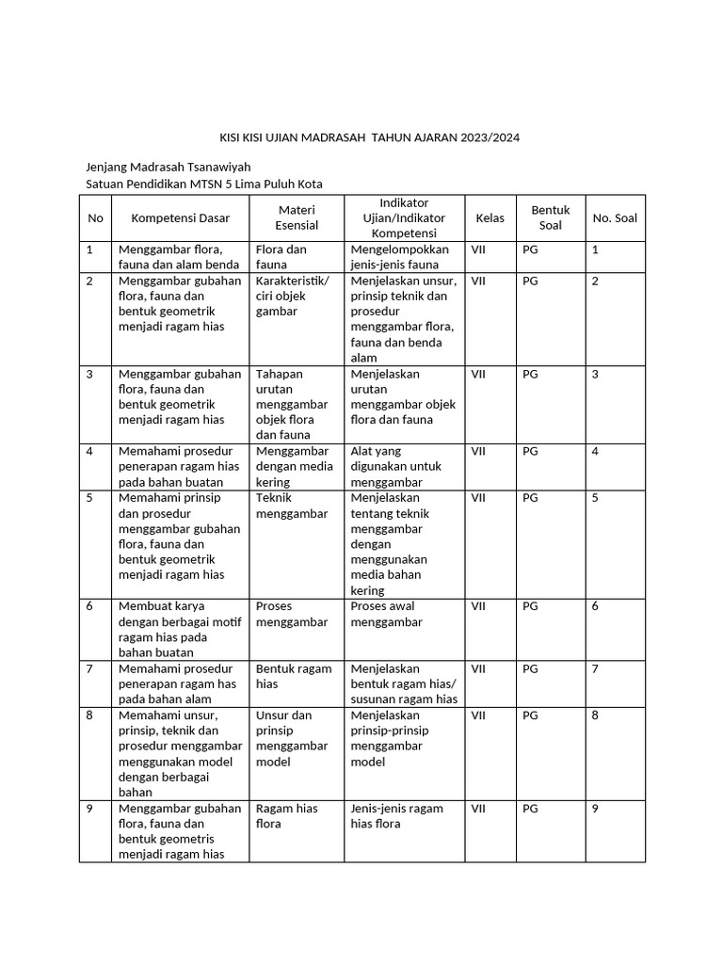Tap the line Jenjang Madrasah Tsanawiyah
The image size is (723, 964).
[169, 167]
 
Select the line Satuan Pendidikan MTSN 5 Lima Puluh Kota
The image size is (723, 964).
[204, 184]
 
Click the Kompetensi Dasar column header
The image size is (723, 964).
[181, 218]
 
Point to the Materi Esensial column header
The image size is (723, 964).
[297, 217]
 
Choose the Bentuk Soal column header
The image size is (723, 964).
[551, 217]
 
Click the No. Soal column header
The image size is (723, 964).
[615, 218]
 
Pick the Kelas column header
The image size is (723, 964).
[490, 218]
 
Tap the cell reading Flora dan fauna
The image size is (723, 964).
[281, 257]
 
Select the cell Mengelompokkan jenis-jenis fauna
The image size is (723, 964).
[400, 257]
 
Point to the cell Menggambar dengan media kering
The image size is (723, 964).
[294, 466]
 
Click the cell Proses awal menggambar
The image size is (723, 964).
[386, 614]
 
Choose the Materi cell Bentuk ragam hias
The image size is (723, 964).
[294, 676]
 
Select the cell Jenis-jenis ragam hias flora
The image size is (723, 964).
[396, 815]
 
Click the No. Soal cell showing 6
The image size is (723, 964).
[595, 606]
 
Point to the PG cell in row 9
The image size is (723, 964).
[531, 809]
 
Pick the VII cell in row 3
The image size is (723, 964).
[478, 374]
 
